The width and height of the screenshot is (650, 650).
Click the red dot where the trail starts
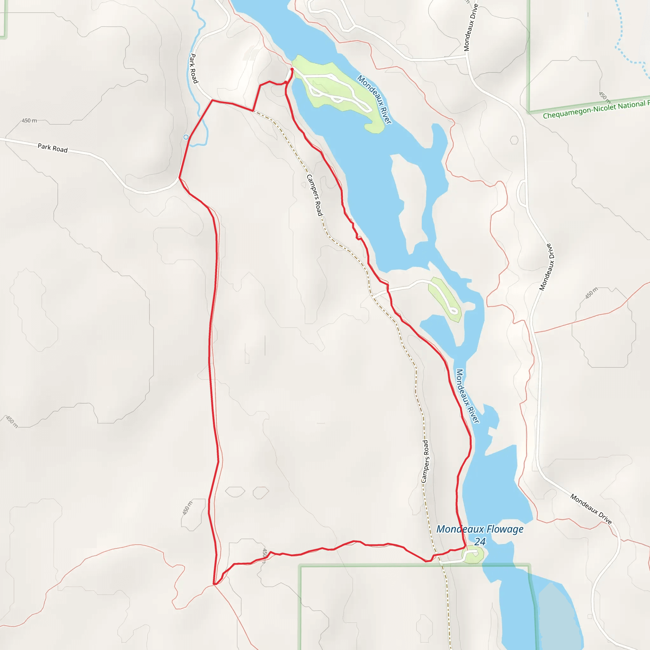[x=292, y=69]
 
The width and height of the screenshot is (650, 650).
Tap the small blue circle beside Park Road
[x=186, y=137]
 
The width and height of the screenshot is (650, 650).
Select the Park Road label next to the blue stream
[x=194, y=68]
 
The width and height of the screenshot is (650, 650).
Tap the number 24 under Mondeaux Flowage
[x=480, y=542]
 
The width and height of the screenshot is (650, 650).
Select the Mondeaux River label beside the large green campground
[x=375, y=99]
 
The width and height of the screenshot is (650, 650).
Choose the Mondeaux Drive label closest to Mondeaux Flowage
[x=591, y=508]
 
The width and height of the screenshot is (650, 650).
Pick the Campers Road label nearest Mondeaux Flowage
[x=426, y=461]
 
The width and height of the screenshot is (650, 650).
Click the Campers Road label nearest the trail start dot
[x=315, y=195]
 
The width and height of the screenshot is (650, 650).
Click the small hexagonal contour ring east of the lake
[x=514, y=140]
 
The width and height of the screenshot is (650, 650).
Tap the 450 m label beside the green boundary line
[x=604, y=96]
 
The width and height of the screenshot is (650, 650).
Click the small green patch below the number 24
[x=473, y=555]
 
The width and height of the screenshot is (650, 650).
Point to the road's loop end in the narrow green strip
[x=454, y=310]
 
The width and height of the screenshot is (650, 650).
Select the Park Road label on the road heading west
[x=52, y=148]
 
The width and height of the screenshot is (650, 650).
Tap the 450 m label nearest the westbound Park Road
[x=29, y=120]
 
